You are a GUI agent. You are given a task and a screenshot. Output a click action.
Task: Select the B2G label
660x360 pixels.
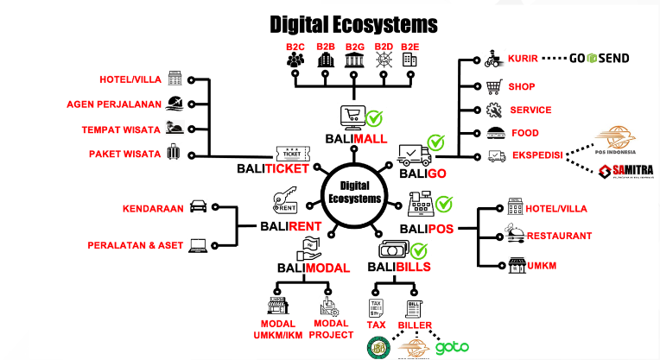point(354,47)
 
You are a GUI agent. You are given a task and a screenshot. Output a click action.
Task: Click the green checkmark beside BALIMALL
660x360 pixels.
point(374,118)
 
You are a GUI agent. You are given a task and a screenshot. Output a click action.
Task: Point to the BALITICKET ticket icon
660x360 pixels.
point(292,153)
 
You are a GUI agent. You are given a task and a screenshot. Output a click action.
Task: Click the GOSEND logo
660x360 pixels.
point(600,59)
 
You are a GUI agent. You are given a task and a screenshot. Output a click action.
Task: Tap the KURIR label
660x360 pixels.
point(523,59)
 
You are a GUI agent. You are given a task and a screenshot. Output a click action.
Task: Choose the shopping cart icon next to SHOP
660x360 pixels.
point(494,86)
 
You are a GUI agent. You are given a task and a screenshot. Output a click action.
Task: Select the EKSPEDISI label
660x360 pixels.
point(536,156)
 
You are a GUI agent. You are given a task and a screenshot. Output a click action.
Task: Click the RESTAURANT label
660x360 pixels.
point(559,235)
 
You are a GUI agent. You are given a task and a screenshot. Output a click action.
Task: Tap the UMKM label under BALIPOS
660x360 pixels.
point(542,265)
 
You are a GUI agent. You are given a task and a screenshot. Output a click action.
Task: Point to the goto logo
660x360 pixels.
point(452,348)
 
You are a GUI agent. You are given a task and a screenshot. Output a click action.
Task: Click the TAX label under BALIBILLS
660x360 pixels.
point(377,325)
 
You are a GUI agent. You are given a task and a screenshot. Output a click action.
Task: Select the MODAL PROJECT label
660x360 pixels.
point(331,329)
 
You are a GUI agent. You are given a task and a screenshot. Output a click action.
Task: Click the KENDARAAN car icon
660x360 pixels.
point(197,207)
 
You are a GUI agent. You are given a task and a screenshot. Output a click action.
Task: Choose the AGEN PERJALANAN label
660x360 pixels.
point(114,104)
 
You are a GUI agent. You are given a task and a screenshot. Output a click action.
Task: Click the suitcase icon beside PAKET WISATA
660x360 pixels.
point(175,154)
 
